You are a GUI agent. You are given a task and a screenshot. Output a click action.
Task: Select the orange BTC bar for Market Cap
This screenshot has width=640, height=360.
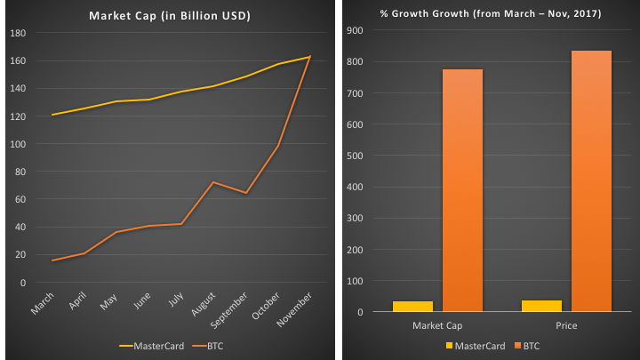462,190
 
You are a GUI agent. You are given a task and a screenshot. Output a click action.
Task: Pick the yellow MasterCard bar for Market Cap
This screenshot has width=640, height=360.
412,307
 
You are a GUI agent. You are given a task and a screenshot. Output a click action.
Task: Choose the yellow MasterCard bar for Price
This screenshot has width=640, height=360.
542,306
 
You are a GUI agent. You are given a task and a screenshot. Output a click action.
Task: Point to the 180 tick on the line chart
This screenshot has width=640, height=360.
17,33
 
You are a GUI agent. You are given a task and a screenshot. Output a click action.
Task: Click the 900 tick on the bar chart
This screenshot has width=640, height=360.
355,31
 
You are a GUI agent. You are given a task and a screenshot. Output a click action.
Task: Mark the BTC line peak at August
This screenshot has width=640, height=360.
213,182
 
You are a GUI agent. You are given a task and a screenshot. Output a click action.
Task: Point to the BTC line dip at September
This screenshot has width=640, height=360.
245,193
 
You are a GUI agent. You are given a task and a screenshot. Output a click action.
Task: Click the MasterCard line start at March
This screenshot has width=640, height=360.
52,115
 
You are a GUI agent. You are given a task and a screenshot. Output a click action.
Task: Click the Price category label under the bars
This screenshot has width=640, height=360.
566,325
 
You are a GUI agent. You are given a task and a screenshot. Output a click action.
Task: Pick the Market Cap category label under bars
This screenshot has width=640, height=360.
437,325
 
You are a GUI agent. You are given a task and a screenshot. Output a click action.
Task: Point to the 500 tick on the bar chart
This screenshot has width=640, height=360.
355,156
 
